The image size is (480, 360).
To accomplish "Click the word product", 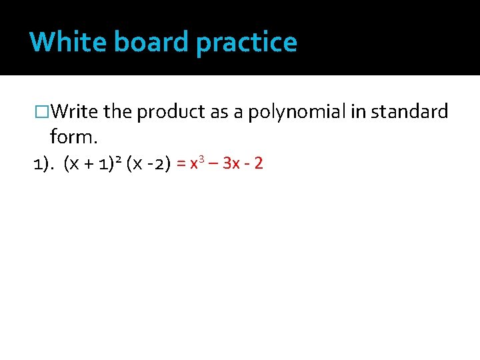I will pos(171,113).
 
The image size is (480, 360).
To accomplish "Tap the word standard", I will pos(409,112).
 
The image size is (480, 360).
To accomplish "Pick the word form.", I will pos(73,137).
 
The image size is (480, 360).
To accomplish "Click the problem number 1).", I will pos(44,163).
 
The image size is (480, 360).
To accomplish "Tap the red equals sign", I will pos(181,163).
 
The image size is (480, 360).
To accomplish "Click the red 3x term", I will pos(232,163).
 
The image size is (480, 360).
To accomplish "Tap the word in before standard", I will pos(358,112).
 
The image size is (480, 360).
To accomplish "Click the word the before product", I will pos(118,112).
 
